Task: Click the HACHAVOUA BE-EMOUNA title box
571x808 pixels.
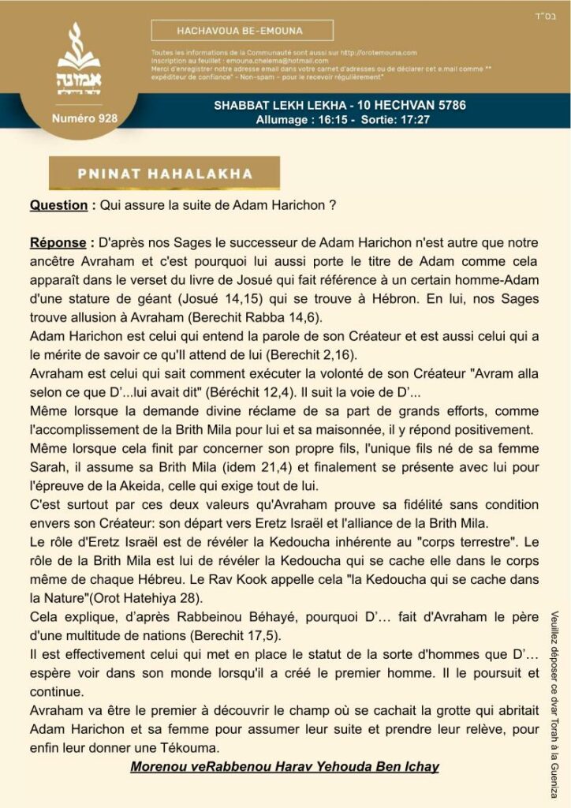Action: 242,31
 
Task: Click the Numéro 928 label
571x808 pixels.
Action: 84,118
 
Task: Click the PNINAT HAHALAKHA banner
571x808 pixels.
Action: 165,174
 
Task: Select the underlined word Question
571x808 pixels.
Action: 58,205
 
